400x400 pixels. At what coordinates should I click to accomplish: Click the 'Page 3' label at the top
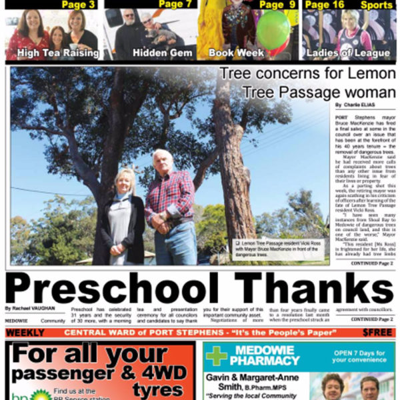tap(78, 5)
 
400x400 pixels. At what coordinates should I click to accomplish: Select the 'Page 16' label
tap(325, 5)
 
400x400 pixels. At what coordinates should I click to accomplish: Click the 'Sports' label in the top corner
tap(377, 5)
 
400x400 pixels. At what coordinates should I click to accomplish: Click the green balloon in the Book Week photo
tap(273, 30)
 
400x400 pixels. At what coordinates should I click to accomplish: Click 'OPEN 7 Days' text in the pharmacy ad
tap(355, 353)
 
